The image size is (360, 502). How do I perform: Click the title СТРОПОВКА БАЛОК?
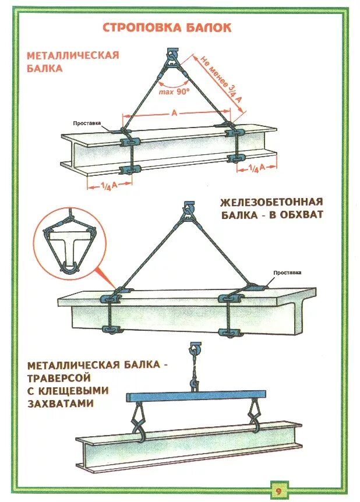point(167,27)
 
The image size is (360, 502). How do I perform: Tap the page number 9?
point(278,490)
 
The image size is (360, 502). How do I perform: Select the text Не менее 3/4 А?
point(221,79)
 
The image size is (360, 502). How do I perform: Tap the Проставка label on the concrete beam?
point(288,273)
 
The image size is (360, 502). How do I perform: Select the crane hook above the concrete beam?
point(188,208)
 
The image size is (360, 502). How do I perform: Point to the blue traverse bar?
point(196,396)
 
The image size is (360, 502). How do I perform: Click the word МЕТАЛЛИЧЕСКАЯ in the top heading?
point(73,55)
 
